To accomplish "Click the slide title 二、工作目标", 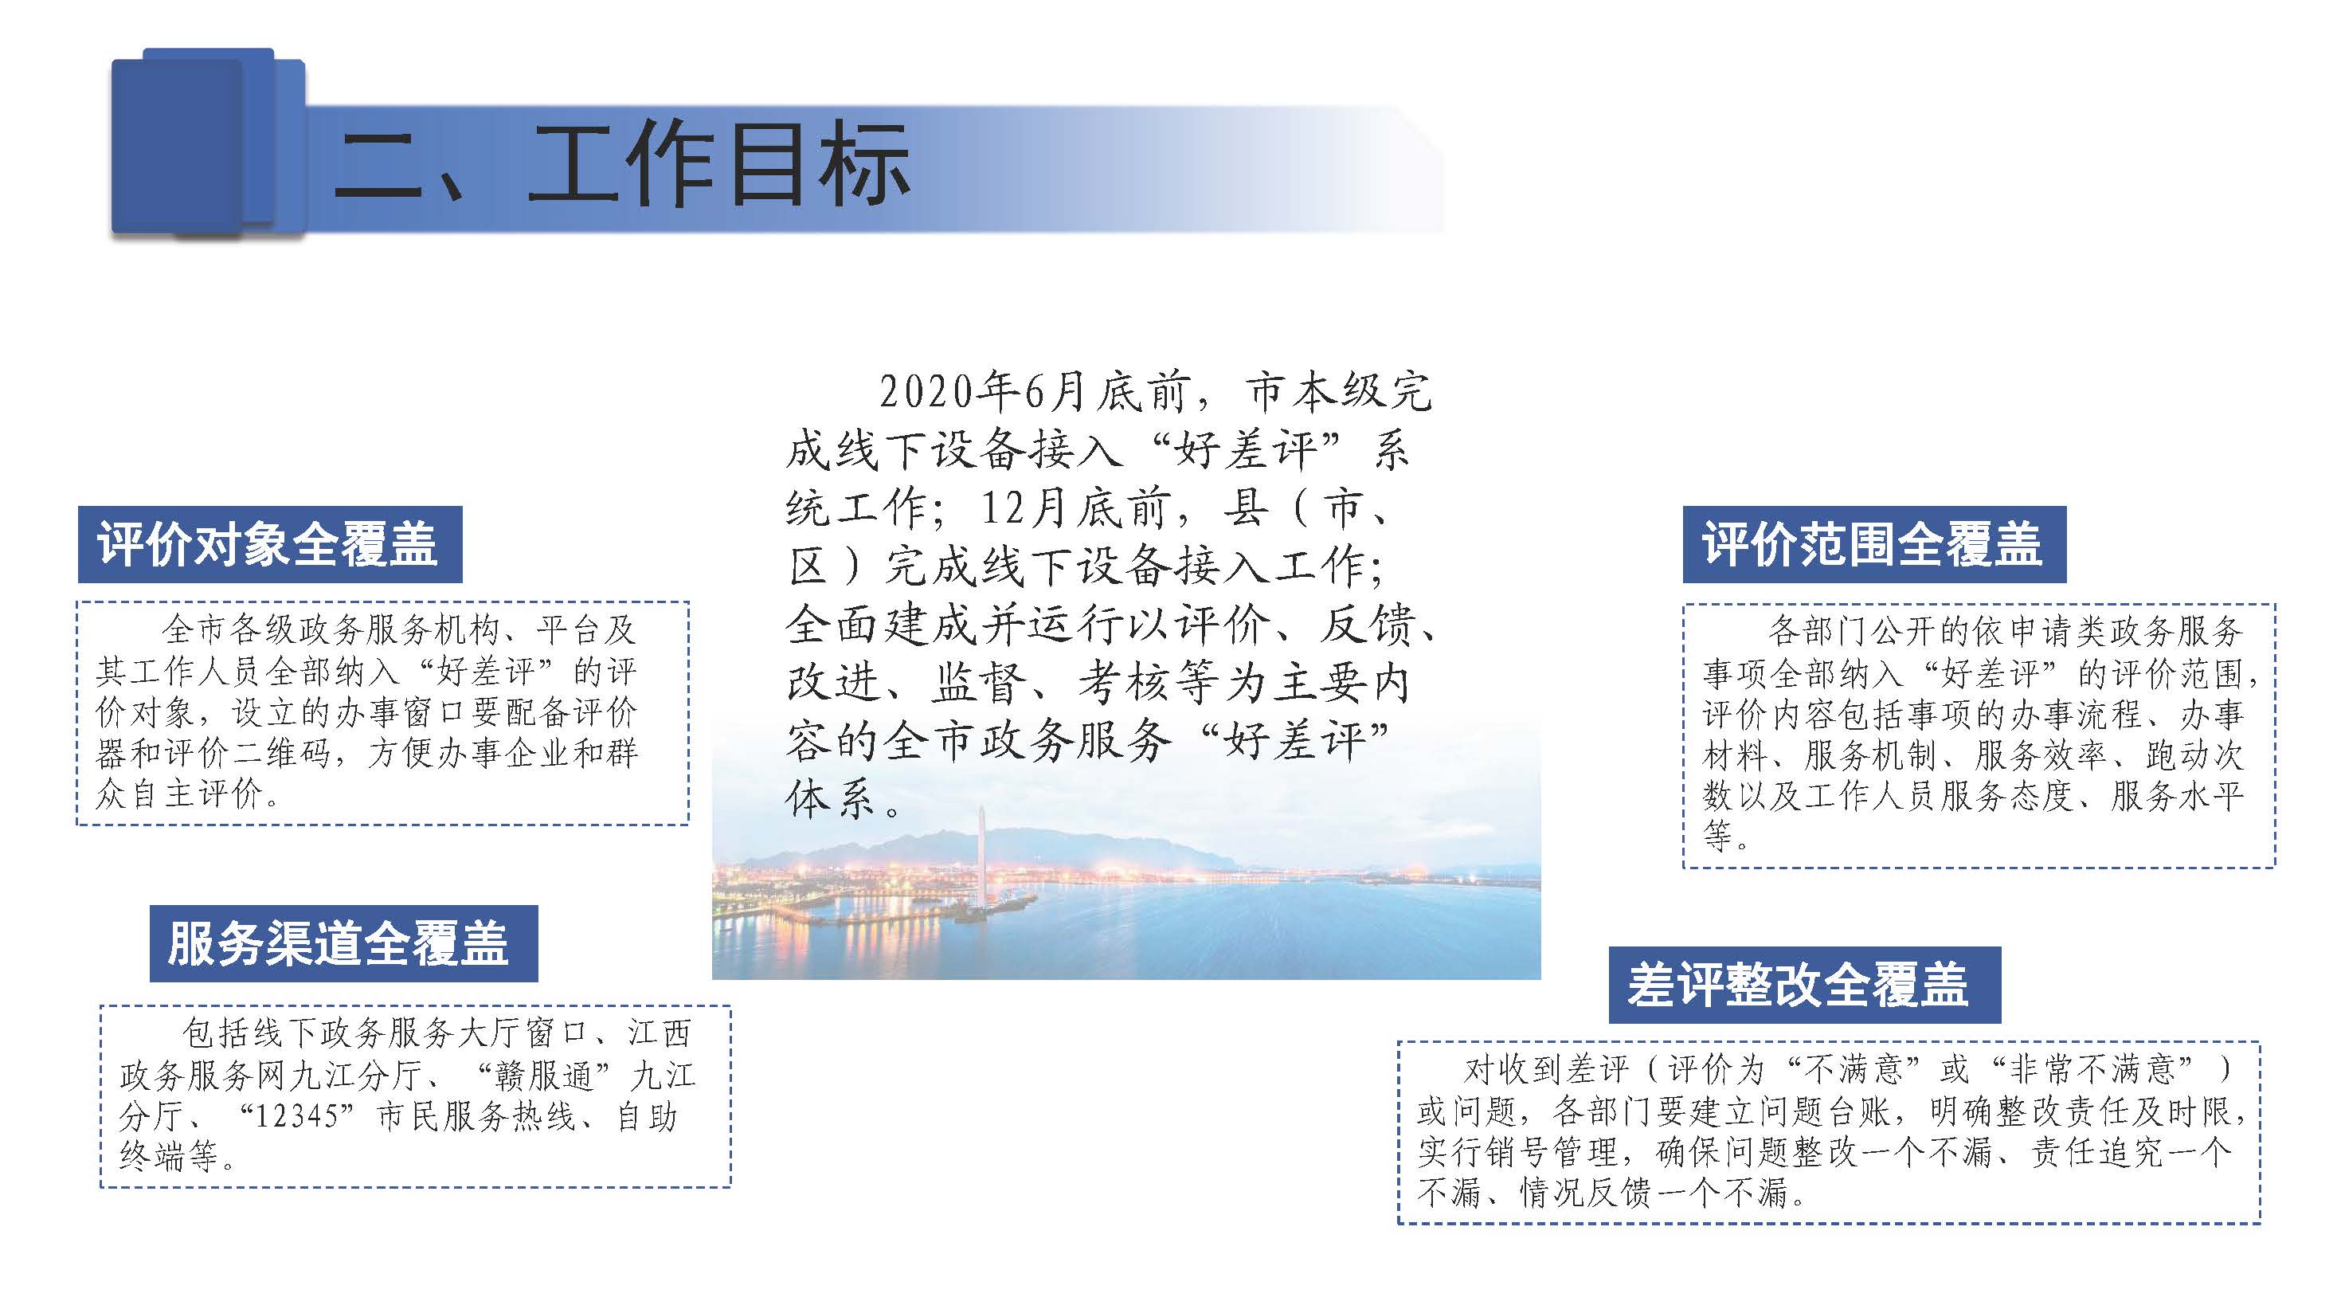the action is click(x=622, y=164).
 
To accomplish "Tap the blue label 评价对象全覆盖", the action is click(x=269, y=544).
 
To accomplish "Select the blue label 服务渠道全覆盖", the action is click(x=343, y=943).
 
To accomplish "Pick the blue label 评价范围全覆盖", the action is click(x=1874, y=544).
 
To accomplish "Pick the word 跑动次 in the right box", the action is click(x=2194, y=754).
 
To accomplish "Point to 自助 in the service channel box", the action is click(x=647, y=1115).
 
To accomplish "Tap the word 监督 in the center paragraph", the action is click(x=977, y=682).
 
